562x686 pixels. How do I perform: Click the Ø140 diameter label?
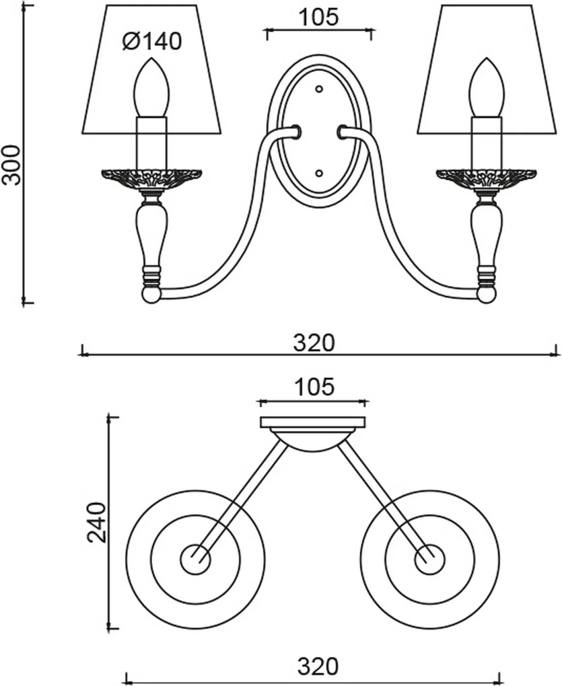[x=152, y=42]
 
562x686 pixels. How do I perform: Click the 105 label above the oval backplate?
[x=318, y=17]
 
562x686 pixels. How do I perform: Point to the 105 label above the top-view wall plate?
[x=314, y=387]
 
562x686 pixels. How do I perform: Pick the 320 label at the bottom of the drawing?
[x=318, y=666]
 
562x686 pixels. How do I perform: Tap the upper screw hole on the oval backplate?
[x=319, y=89]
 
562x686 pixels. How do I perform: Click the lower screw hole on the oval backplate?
[x=319, y=174]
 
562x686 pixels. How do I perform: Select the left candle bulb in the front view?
[x=151, y=87]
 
